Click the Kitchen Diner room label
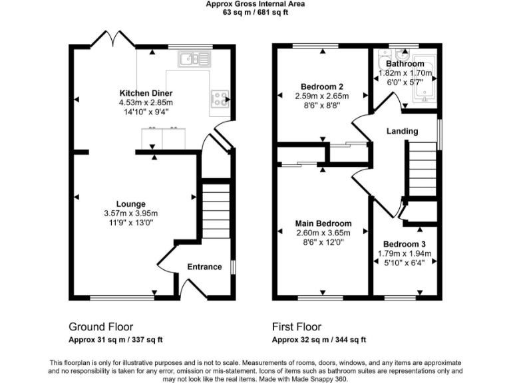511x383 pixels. (146, 93)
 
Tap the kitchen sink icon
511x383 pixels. (194, 60)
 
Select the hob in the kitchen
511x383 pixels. (219, 99)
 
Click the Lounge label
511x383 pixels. (130, 203)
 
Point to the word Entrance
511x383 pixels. (204, 267)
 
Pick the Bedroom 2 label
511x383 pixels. (322, 86)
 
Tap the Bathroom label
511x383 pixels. (406, 64)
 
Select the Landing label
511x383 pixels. (403, 131)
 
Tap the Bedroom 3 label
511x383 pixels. (405, 244)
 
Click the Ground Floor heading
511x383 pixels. (100, 327)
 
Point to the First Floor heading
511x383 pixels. (297, 327)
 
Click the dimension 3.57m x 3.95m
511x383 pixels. (130, 213)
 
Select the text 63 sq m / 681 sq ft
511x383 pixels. (255, 12)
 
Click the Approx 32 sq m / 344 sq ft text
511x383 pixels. (319, 340)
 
